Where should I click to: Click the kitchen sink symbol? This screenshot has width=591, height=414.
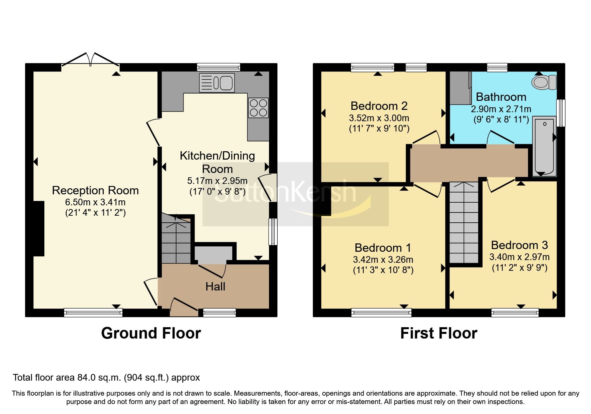tap(217, 82)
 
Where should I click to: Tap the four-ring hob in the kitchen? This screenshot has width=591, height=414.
tap(258, 108)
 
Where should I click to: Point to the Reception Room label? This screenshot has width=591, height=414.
tap(95, 190)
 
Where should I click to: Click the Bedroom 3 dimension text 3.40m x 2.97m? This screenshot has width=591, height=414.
tap(519, 257)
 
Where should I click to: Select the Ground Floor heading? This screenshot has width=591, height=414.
tap(151, 333)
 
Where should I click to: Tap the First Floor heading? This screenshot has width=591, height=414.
tap(438, 333)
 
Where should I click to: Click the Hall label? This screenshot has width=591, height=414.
tap(215, 286)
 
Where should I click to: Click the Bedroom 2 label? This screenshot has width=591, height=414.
tap(379, 106)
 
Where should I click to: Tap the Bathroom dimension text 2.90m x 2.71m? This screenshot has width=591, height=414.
tap(501, 109)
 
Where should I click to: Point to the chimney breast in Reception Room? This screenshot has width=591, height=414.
tap(39, 228)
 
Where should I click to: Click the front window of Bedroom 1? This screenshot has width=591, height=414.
tap(381, 313)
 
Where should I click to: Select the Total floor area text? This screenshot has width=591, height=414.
tap(106, 378)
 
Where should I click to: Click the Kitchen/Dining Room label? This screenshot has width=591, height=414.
tap(217, 162)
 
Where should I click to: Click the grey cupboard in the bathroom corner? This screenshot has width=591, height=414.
tap(460, 87)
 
